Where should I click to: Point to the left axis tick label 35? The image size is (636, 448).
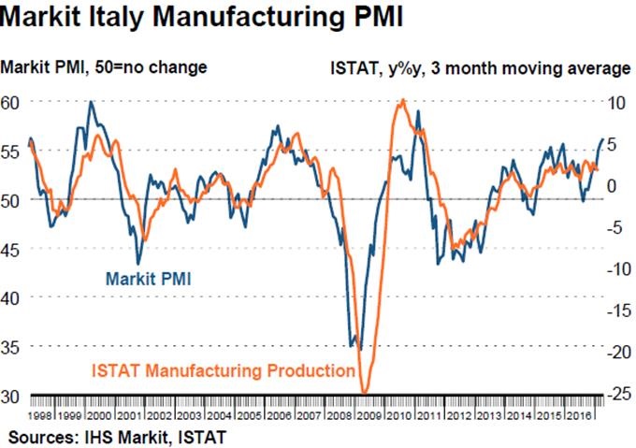[12, 346]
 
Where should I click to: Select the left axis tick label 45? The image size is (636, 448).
[12, 249]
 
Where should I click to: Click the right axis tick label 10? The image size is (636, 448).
[614, 102]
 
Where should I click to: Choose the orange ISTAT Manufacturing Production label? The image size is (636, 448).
[224, 369]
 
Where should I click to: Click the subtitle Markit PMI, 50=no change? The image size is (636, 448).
[104, 67]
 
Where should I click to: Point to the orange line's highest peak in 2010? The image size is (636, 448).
[402, 100]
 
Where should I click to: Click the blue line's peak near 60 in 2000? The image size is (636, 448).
[91, 101]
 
